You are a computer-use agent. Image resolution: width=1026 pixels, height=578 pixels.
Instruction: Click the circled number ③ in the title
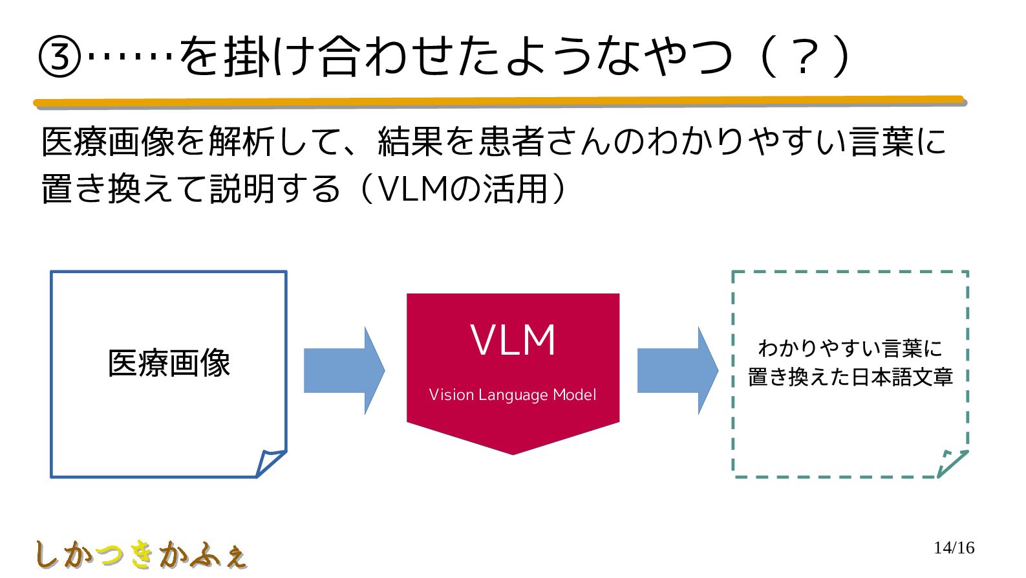click(59, 58)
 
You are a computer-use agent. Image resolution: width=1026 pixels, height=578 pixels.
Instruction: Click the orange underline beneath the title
click(500, 102)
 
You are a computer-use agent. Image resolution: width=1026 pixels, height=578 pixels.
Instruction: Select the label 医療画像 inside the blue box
click(169, 363)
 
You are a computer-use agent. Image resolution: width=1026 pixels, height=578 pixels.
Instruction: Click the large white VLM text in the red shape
click(513, 340)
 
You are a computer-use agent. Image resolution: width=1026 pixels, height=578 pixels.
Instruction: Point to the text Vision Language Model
click(513, 395)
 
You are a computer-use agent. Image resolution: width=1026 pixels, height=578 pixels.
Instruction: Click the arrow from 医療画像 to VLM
click(345, 371)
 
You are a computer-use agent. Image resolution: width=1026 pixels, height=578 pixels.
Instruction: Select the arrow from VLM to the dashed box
click(678, 371)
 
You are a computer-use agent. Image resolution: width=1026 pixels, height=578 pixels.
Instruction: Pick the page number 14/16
click(954, 548)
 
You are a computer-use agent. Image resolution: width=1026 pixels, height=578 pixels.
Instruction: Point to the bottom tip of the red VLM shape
click(513, 454)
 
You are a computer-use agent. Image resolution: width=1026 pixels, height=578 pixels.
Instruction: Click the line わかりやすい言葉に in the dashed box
click(850, 348)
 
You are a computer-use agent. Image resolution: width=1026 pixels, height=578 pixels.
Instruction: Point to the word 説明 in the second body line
click(242, 189)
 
